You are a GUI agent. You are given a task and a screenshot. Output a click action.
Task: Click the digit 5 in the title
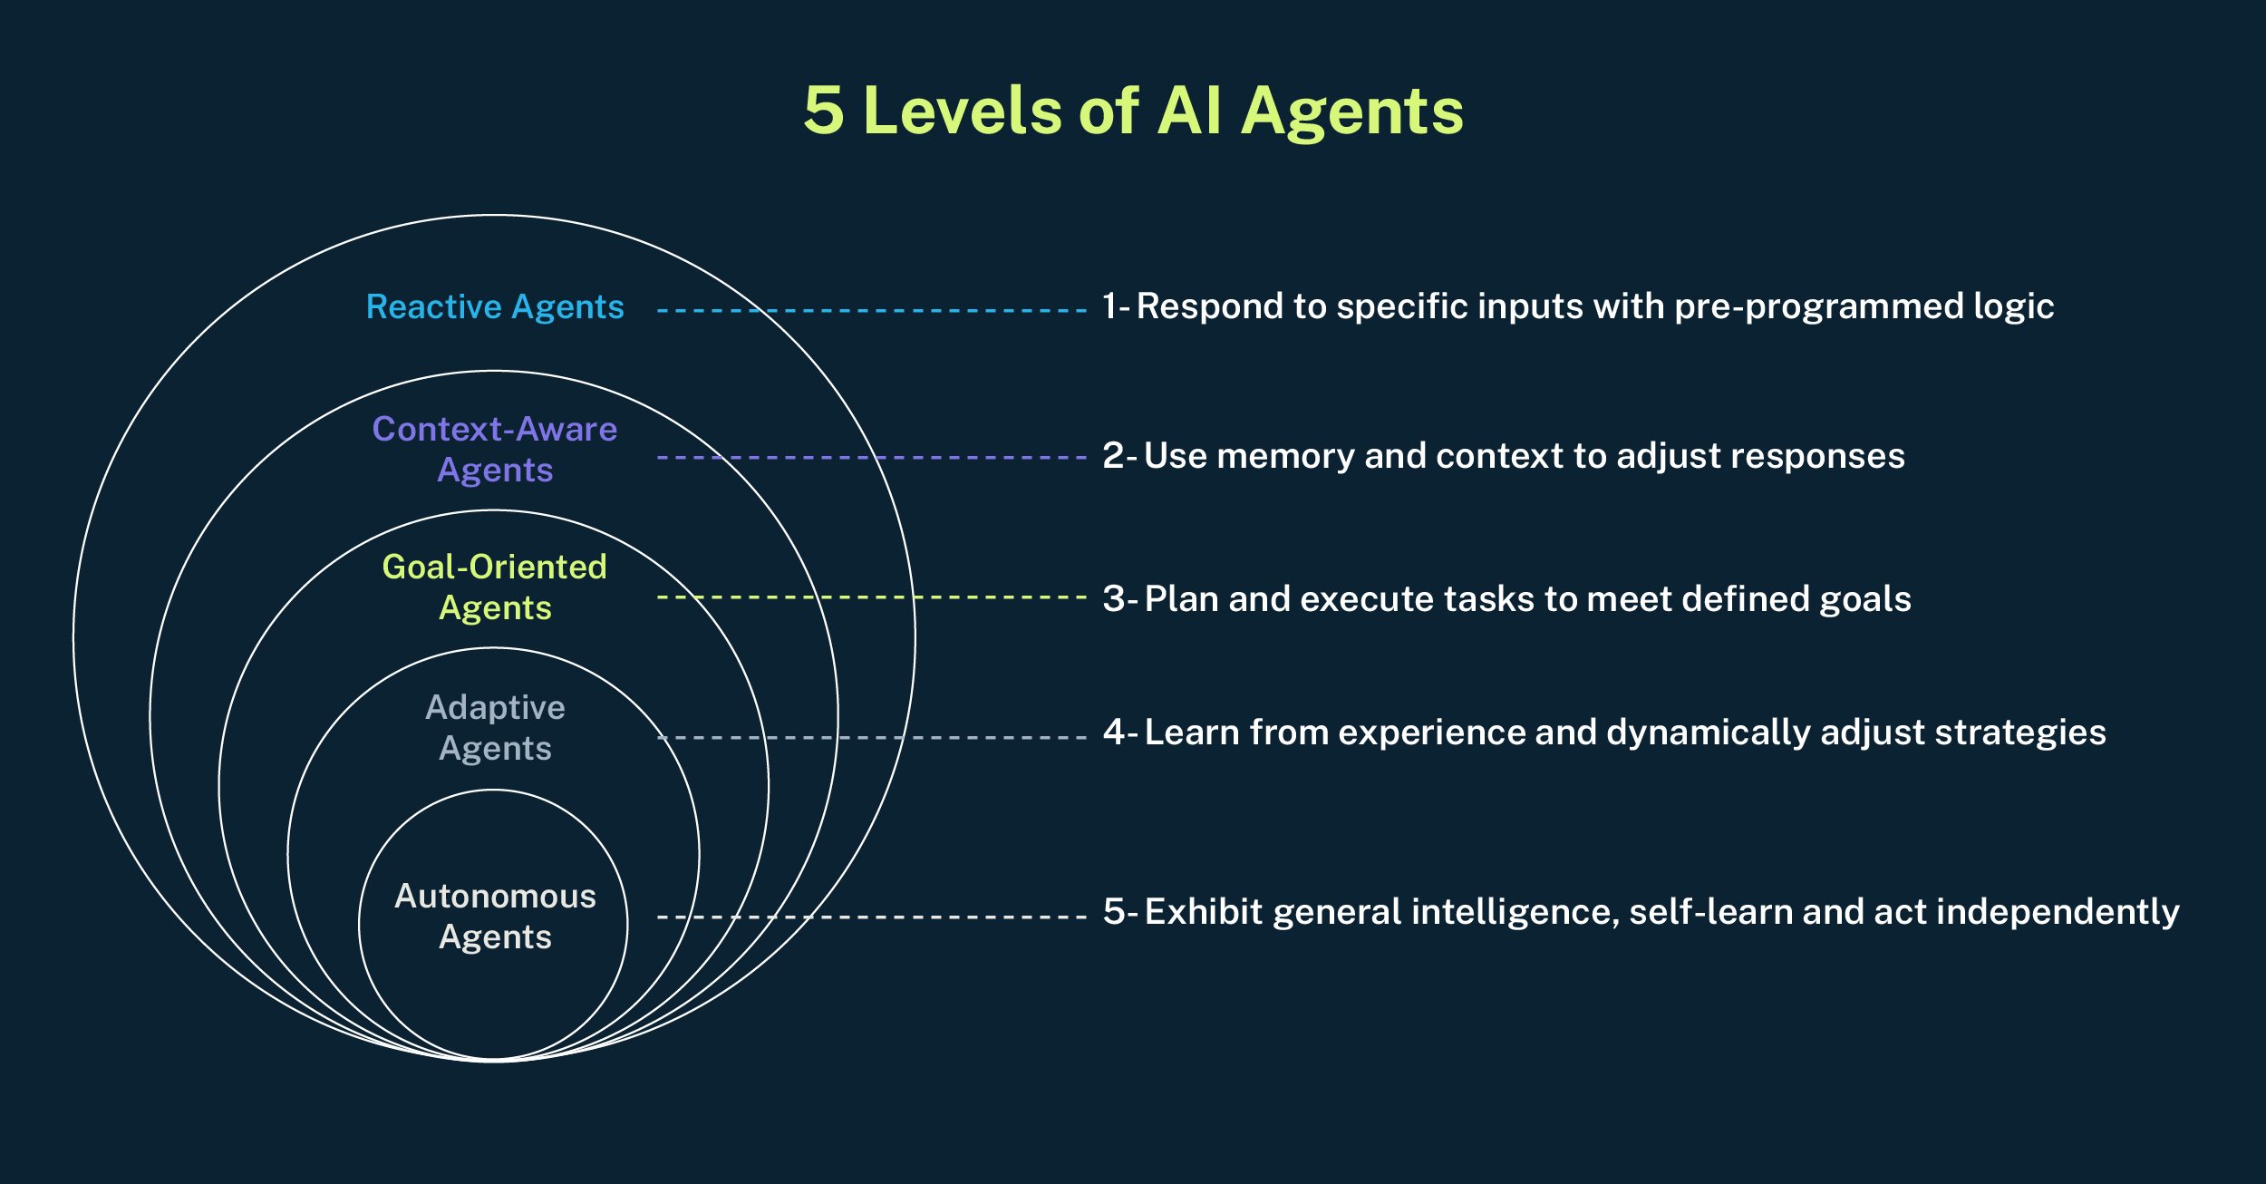[x=824, y=111]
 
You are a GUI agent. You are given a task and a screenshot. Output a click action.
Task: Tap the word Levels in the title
[x=964, y=111]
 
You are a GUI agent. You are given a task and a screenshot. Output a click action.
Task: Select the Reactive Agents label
[x=495, y=307]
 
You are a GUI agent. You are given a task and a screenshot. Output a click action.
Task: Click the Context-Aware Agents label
[x=495, y=449]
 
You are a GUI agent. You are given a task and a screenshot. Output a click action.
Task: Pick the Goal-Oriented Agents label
[x=495, y=587]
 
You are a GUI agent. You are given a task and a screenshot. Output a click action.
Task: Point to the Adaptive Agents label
[x=495, y=727]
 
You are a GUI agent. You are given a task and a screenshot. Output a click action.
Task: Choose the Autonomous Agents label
[x=495, y=916]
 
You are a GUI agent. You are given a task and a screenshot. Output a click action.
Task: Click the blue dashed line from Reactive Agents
[x=870, y=310]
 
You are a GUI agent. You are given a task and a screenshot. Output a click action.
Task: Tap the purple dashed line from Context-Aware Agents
[x=870, y=458]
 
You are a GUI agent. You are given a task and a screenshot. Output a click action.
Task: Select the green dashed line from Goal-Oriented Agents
[x=870, y=597]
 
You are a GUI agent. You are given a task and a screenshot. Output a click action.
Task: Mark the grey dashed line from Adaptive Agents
[x=870, y=738]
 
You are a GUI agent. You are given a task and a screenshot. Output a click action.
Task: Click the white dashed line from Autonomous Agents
[x=870, y=917]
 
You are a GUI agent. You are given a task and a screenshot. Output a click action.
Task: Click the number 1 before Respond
[x=1109, y=306]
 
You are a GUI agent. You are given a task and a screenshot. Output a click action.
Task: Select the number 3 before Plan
[x=1114, y=599]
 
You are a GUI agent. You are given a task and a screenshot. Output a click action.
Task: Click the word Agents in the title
[x=1351, y=111]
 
